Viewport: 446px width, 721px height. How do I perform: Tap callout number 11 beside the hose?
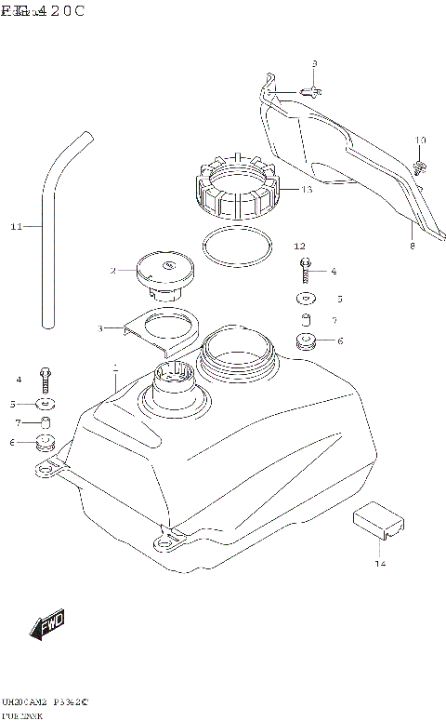15,226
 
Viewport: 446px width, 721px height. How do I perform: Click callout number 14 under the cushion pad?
379,564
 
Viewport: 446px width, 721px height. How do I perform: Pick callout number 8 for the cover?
412,247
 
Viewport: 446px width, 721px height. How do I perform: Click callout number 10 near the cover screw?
420,140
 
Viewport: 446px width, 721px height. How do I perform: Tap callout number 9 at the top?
314,63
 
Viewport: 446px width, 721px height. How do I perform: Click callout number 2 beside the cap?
113,271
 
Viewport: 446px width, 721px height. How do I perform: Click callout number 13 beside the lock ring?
306,189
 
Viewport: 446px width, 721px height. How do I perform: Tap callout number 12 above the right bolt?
299,247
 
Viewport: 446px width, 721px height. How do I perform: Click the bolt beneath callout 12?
304,270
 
